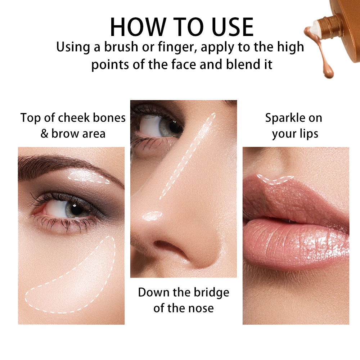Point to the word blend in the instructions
pos(243,65)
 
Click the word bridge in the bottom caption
pos(210,292)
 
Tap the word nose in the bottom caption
pos(201,308)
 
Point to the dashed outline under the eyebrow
pos(89,177)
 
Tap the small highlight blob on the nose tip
pos(153,216)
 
